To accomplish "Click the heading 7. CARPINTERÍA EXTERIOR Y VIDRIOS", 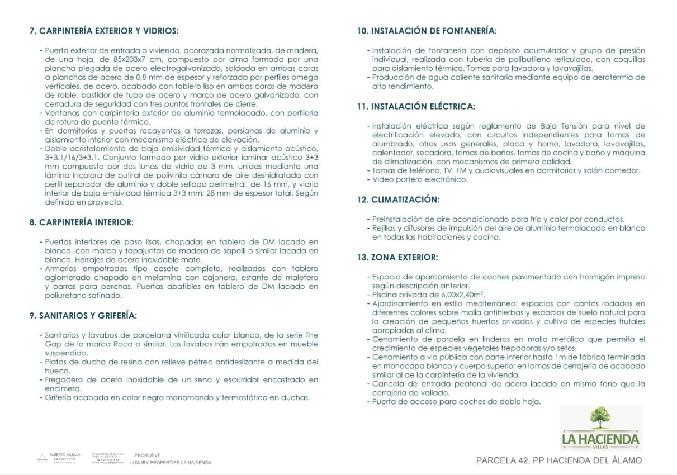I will (x=103, y=31).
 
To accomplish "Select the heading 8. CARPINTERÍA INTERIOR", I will (x=81, y=222).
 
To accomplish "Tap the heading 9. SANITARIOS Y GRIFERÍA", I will (x=83, y=316).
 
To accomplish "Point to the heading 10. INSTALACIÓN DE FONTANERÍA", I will (x=427, y=31).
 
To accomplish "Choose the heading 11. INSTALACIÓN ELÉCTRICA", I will (x=416, y=106).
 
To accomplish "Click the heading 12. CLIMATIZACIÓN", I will (x=398, y=199).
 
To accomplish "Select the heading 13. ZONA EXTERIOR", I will (x=397, y=258).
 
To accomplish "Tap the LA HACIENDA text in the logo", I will (x=600, y=438).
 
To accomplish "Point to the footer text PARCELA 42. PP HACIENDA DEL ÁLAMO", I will (x=558, y=460).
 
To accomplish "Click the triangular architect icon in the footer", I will (x=42, y=458).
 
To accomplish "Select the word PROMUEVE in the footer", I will (x=146, y=455).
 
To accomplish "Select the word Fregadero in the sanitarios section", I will (x=64, y=380).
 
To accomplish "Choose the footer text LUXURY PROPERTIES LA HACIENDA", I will (x=171, y=463).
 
